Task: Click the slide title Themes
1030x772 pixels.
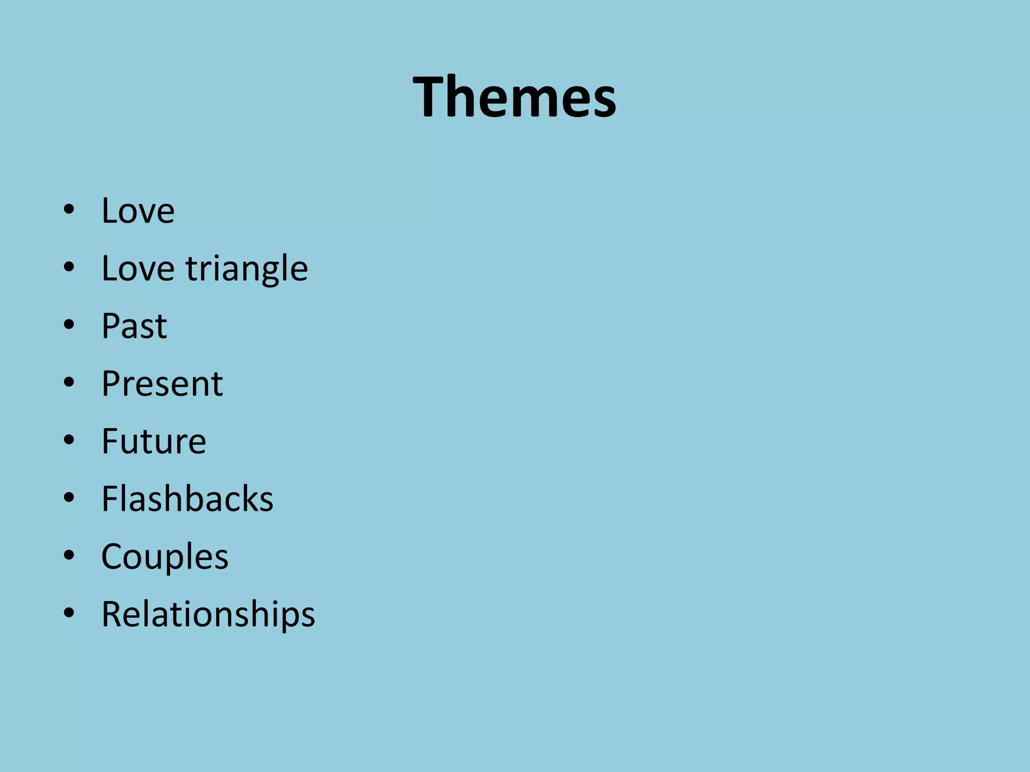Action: (x=514, y=96)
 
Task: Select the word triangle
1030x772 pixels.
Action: (x=246, y=269)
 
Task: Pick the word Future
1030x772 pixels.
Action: (x=153, y=441)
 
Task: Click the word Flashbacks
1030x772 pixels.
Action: (x=187, y=499)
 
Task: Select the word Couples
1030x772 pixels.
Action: (x=164, y=556)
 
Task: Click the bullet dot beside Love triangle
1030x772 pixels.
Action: (x=69, y=267)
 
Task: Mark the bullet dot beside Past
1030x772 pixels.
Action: (x=69, y=325)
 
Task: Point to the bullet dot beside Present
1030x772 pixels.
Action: (x=69, y=383)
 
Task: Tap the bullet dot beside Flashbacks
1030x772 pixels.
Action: (x=69, y=498)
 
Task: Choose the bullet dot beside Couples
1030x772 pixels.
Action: (x=69, y=556)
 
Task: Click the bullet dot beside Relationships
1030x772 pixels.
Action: (x=69, y=613)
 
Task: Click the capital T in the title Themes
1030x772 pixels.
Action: (x=431, y=96)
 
